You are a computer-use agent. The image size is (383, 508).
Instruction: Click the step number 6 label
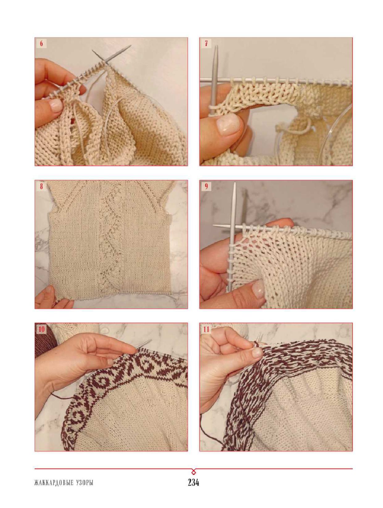(x=41, y=44)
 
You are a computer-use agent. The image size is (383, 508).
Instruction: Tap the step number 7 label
(x=206, y=43)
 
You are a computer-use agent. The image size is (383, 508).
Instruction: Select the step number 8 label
(x=41, y=186)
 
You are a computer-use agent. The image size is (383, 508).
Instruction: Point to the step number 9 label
(x=206, y=186)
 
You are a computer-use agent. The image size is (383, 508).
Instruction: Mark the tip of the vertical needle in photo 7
(x=216, y=46)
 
